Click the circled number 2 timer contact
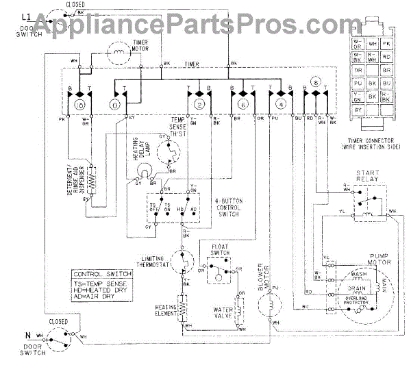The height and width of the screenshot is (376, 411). click(x=199, y=105)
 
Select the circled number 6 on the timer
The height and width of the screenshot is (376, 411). click(x=242, y=105)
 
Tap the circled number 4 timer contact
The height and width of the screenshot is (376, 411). click(x=281, y=105)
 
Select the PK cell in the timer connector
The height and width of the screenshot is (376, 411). click(x=386, y=45)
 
